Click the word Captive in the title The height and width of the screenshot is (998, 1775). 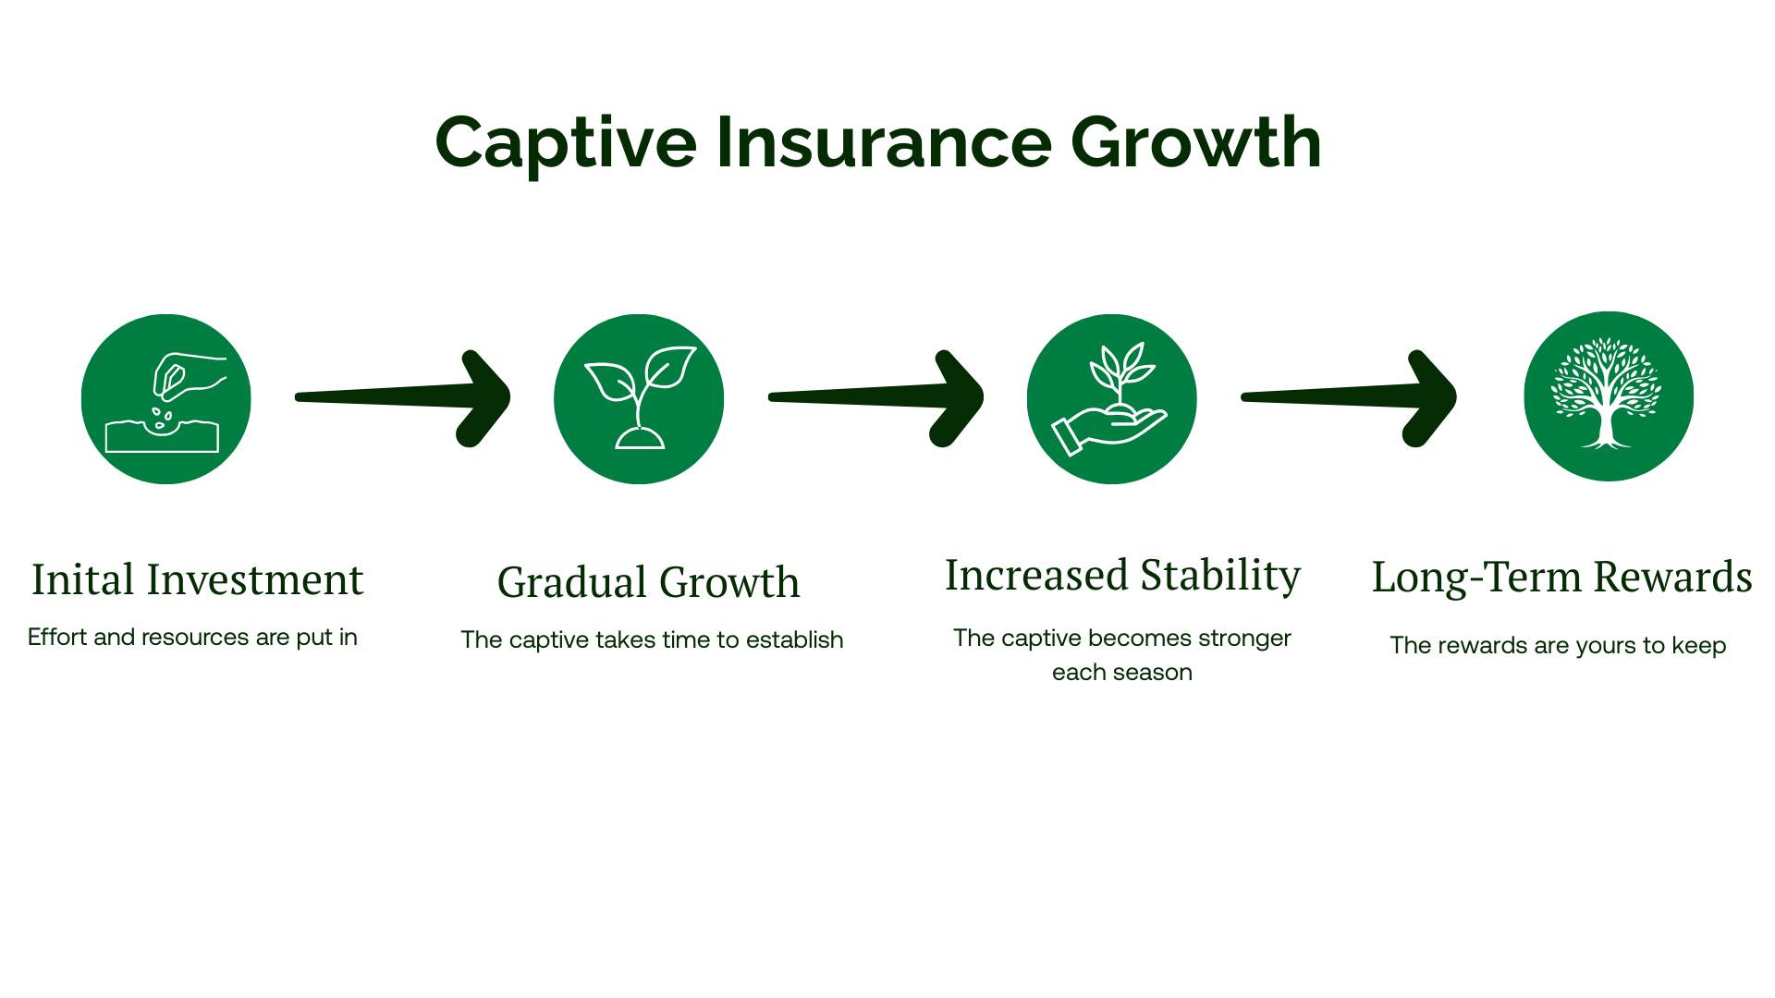(x=566, y=144)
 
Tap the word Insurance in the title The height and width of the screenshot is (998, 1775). (x=884, y=142)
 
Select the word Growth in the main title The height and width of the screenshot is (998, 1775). (x=1196, y=142)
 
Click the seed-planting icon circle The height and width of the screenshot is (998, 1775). (x=166, y=399)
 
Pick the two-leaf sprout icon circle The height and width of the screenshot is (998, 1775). (x=639, y=399)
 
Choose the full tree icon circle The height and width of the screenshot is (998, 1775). (x=1609, y=396)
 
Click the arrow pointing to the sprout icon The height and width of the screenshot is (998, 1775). (x=403, y=397)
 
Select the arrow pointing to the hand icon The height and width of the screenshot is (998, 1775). (x=876, y=397)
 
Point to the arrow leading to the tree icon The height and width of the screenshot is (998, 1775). (x=1349, y=397)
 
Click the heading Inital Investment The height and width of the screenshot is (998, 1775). (x=198, y=580)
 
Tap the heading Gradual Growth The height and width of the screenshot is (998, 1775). (x=649, y=582)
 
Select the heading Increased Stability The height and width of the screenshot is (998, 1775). (x=1122, y=577)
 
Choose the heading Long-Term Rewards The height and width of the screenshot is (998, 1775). (x=1562, y=578)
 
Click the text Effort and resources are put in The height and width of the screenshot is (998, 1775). (x=192, y=638)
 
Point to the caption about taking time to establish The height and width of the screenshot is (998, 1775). (x=652, y=640)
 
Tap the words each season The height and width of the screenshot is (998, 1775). (x=1122, y=673)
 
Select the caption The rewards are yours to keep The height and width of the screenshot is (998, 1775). (x=1558, y=646)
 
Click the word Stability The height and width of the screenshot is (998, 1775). (x=1220, y=577)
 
